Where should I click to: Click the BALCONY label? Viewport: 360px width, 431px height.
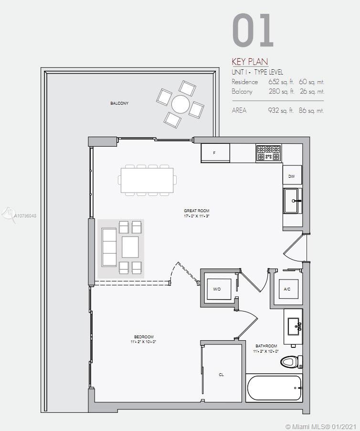(119, 103)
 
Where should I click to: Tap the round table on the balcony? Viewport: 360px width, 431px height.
(180, 104)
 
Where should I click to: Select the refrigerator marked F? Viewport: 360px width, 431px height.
(215, 153)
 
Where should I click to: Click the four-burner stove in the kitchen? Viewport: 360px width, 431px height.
(268, 153)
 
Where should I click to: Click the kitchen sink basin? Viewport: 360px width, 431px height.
(291, 201)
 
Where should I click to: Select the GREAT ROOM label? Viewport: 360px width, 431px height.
(197, 211)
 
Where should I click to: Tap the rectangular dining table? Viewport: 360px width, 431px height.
(147, 180)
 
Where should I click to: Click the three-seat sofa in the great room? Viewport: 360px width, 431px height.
(109, 247)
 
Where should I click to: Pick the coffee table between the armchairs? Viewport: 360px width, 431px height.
(130, 247)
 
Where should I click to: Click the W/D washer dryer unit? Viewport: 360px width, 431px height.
(219, 289)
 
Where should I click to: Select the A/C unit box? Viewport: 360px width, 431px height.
(288, 289)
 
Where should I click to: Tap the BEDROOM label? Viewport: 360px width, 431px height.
(144, 337)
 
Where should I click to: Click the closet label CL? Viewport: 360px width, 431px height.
(222, 375)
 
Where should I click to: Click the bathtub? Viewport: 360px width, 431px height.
(274, 388)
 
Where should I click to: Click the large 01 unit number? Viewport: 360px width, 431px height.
(253, 30)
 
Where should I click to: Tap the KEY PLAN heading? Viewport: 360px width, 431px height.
(250, 61)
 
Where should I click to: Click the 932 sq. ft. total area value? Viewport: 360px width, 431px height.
(281, 110)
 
